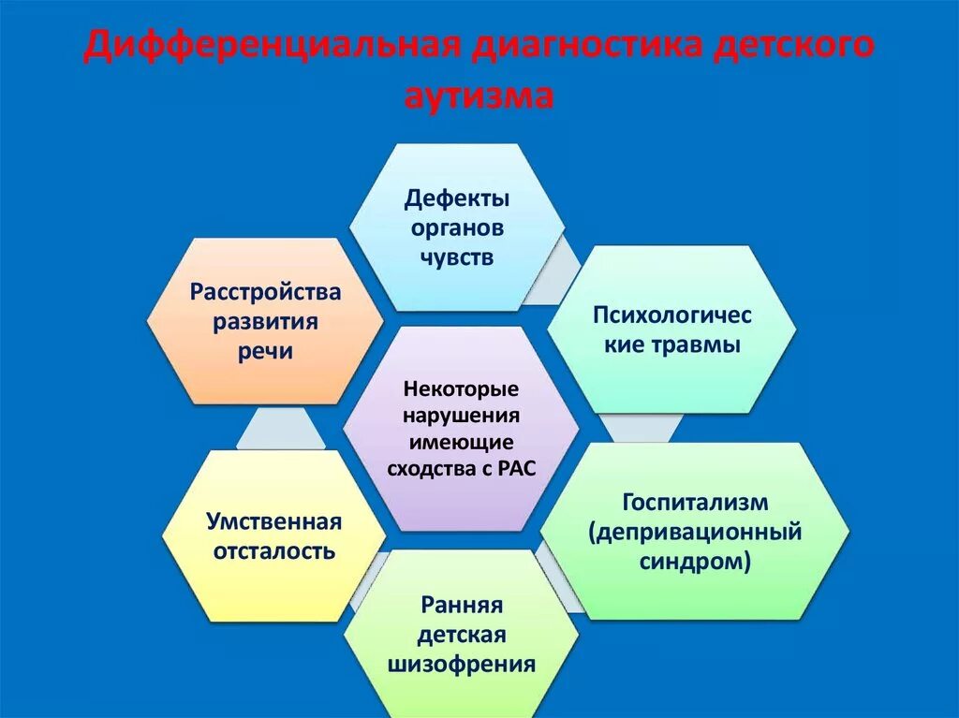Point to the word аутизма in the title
click(479, 95)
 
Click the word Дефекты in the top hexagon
click(457, 198)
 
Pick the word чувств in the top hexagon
click(457, 257)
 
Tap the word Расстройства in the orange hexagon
click(266, 292)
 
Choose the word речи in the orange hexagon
click(266, 351)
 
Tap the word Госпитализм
click(695, 502)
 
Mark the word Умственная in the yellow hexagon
click(274, 520)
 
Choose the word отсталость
click(274, 550)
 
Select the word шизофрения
click(462, 665)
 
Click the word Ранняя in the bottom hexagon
click(462, 605)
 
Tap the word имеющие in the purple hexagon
click(461, 441)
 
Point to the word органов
click(457, 227)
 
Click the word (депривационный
click(695, 532)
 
